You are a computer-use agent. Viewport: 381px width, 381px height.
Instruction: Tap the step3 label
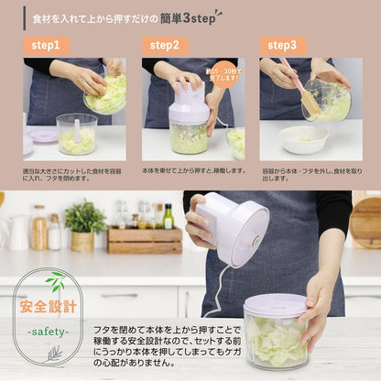282,45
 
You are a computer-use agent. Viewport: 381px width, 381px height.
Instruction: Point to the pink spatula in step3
303,88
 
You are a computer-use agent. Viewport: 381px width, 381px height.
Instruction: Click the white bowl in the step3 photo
304,139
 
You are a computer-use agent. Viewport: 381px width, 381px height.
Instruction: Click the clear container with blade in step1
77,134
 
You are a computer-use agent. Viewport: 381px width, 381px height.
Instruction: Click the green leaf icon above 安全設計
55,282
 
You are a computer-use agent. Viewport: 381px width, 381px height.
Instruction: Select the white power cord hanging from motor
216,293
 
